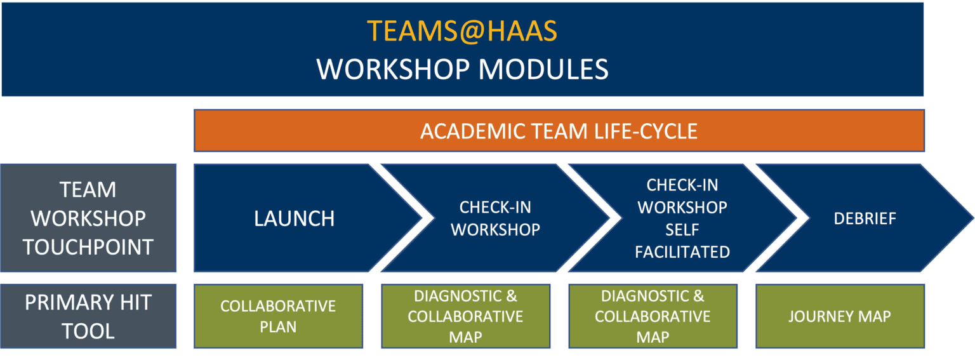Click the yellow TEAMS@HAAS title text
462,31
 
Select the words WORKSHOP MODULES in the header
462,69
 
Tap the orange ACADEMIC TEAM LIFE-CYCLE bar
559,131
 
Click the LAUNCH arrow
305,218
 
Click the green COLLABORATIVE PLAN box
278,316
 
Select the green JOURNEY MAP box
840,316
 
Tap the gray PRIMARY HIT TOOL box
88,316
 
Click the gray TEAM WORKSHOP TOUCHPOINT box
88,218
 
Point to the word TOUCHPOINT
88,247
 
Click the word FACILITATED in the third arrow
682,252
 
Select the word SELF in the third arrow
682,230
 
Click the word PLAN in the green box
278,327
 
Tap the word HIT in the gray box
136,302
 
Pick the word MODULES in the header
543,69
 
